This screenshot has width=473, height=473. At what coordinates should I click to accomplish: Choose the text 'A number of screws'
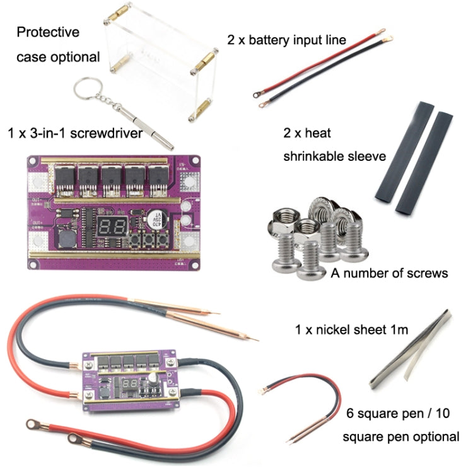(x=388, y=273)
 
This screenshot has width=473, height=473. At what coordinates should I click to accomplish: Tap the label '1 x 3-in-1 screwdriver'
(x=74, y=133)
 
